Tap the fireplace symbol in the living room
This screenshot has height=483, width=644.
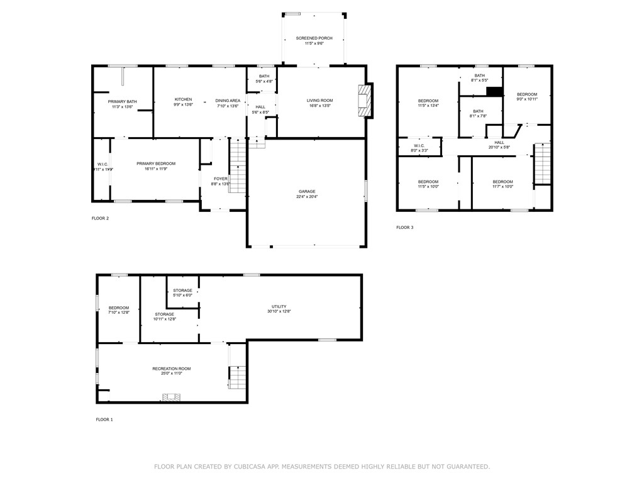pos(364,101)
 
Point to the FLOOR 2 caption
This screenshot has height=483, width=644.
pos(100,218)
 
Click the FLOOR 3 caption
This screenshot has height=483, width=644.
pos(404,227)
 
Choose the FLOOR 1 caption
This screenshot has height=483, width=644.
pos(104,419)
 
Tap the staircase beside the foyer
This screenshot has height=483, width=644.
pos(237,167)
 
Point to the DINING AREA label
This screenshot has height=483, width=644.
pos(227,101)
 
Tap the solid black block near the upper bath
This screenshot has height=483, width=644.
pos(494,92)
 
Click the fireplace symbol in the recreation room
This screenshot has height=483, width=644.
pos(171,397)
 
